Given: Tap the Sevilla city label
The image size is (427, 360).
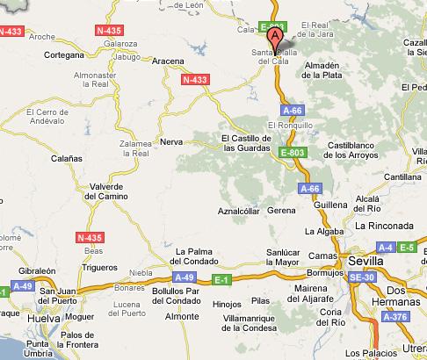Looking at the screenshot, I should (365, 261).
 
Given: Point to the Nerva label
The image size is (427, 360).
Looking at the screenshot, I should (171, 140).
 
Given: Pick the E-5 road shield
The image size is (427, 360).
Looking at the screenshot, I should (406, 248).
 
